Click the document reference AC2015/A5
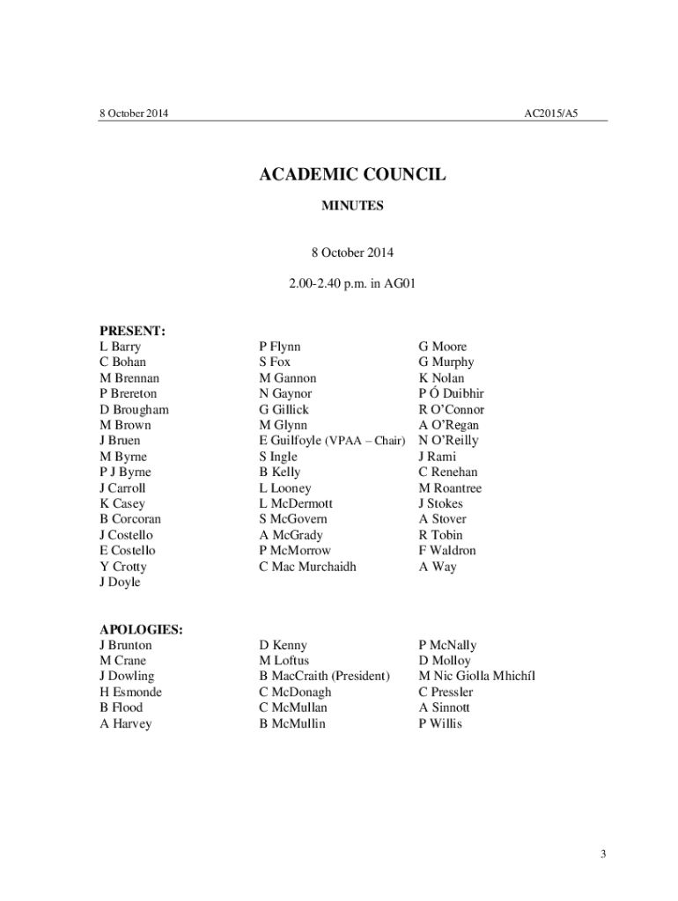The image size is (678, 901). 551,114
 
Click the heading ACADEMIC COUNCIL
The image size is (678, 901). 352,175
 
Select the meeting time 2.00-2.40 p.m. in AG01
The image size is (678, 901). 351,284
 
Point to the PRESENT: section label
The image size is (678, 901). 133,331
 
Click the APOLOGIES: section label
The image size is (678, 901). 141,629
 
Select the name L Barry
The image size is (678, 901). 120,347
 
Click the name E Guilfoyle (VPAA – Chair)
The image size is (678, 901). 331,440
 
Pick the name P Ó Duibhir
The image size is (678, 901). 452,393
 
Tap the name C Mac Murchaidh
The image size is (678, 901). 307,567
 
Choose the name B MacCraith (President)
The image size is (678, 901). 324,676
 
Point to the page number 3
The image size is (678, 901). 603,853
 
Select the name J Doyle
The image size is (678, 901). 120,582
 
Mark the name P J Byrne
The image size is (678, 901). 125,472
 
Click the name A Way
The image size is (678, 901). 438,567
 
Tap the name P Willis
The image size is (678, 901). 440,723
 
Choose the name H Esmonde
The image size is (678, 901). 130,692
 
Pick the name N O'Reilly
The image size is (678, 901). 449,440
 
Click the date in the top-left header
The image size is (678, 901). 133,114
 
